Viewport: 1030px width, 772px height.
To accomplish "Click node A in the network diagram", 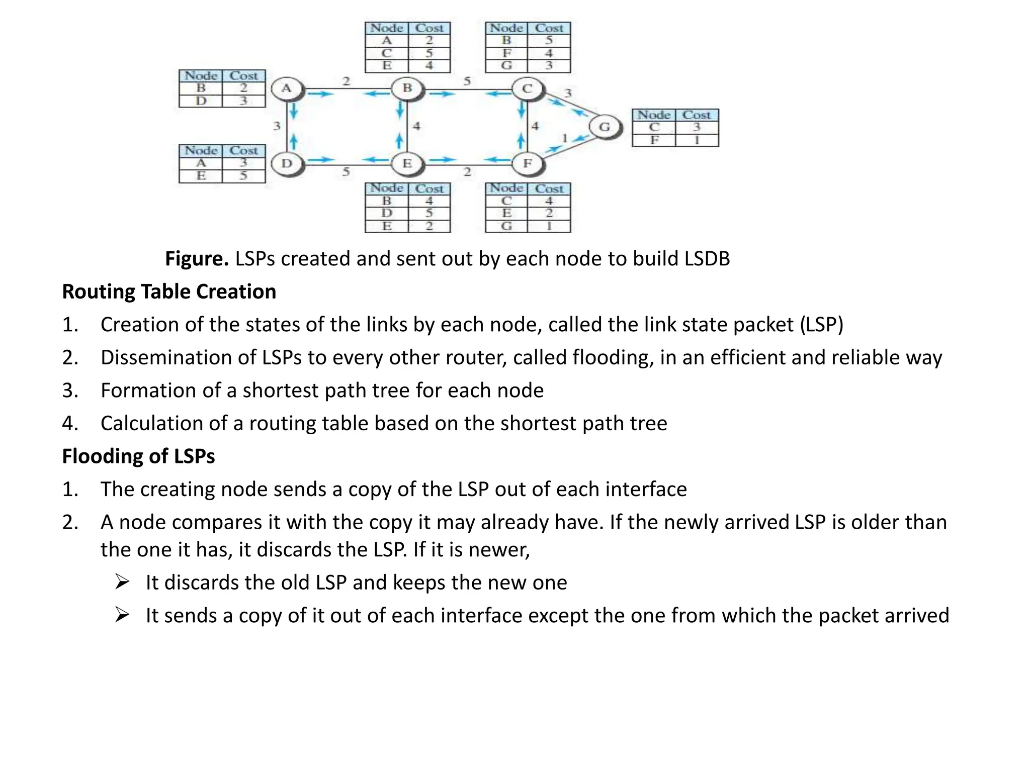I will pyautogui.click(x=287, y=88).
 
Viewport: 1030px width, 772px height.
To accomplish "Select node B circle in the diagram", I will pyautogui.click(x=407, y=88).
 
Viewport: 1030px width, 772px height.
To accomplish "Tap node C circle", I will pyautogui.click(x=527, y=89).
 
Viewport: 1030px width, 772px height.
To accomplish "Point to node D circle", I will pyautogui.click(x=287, y=163).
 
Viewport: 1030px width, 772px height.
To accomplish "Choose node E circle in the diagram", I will pyautogui.click(x=407, y=163).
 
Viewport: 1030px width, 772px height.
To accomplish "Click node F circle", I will pyautogui.click(x=527, y=163).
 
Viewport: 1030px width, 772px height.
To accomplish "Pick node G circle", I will pyautogui.click(x=605, y=127).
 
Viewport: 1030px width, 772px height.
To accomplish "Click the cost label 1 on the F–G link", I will pyautogui.click(x=564, y=137).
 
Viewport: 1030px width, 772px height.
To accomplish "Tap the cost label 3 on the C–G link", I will pyautogui.click(x=568, y=93).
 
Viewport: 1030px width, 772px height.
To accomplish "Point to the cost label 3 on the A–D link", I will pyautogui.click(x=276, y=126).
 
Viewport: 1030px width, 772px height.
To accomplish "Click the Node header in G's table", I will pyautogui.click(x=653, y=115).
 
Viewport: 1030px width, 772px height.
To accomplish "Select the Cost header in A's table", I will pyautogui.click(x=243, y=76).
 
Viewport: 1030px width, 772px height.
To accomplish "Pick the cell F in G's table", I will pyautogui.click(x=654, y=140).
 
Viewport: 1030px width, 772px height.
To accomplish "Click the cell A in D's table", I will pyautogui.click(x=201, y=163).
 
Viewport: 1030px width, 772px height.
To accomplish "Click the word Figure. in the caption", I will pyautogui.click(x=197, y=258).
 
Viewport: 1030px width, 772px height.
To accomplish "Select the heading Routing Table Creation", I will pyautogui.click(x=169, y=292).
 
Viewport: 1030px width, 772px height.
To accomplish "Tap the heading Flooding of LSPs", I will pyautogui.click(x=138, y=456).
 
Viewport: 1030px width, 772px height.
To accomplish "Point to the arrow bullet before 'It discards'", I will pyautogui.click(x=122, y=582).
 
